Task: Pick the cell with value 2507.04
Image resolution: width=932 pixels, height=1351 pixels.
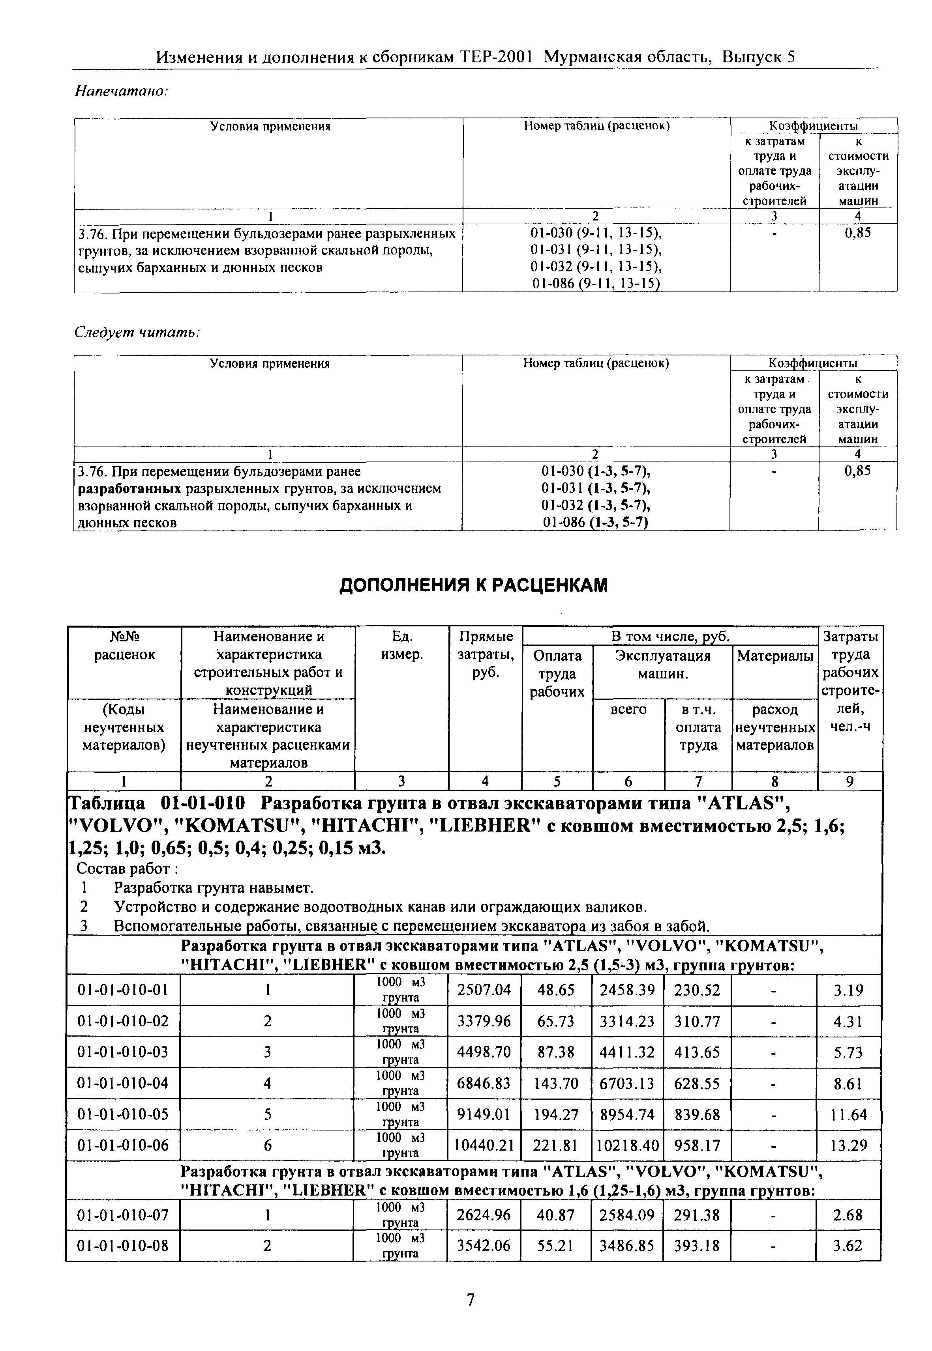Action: (x=484, y=990)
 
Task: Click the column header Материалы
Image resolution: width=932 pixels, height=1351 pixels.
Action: (x=775, y=656)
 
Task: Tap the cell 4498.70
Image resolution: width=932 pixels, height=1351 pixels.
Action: (x=484, y=1053)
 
